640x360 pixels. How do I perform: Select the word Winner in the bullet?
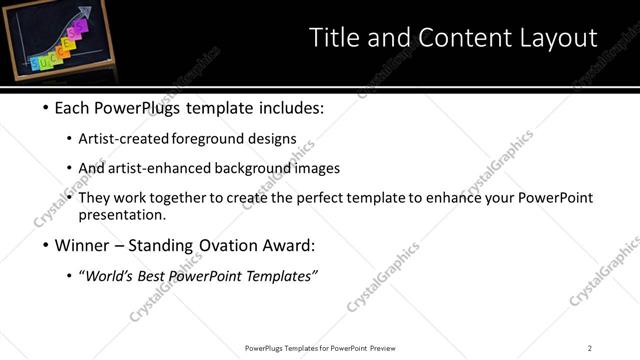pos(78,244)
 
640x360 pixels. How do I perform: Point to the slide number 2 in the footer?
pos(590,347)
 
